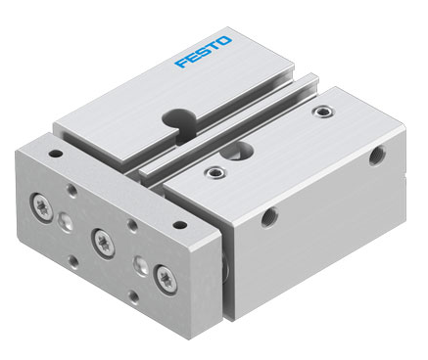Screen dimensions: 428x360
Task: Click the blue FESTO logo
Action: (203, 52)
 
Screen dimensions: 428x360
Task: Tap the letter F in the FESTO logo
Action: (181, 62)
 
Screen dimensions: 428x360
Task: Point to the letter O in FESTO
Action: (225, 41)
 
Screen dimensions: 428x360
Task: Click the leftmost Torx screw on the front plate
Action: (42, 207)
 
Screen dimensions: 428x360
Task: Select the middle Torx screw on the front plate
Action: (103, 243)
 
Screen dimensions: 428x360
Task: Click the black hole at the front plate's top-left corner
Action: (57, 153)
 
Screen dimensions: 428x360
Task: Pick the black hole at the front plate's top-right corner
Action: (179, 225)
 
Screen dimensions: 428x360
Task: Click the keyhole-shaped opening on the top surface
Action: (179, 123)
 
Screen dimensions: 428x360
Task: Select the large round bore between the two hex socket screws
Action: (236, 151)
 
